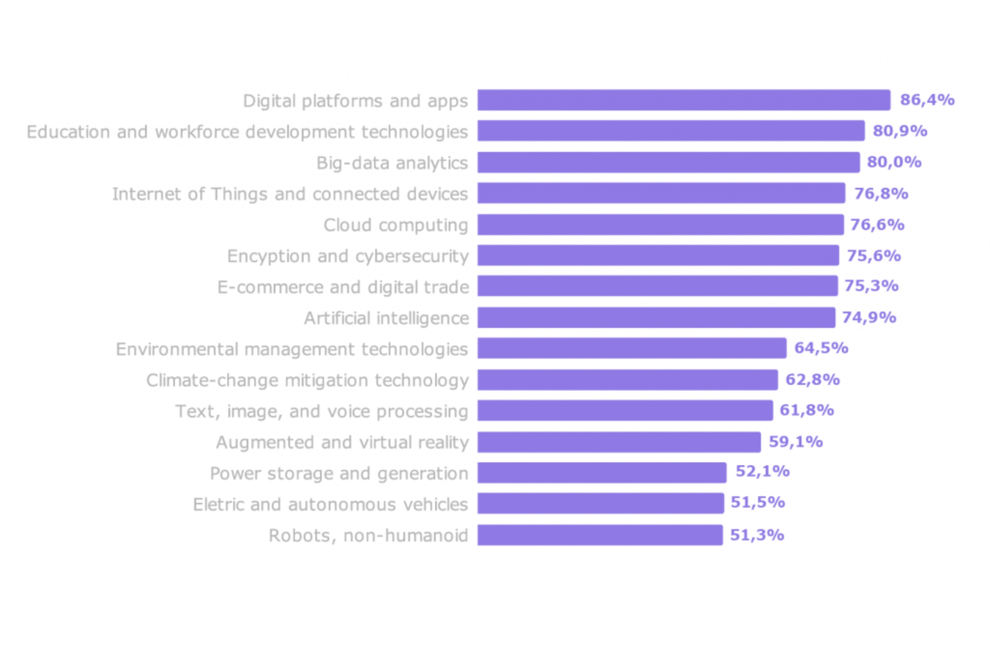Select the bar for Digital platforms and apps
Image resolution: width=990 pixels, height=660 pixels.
(684, 100)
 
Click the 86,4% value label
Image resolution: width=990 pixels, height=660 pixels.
(927, 100)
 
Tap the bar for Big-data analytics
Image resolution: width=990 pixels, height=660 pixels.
(668, 163)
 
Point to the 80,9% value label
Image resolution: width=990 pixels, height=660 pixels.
(900, 131)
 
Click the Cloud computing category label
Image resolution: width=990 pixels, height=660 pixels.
(396, 225)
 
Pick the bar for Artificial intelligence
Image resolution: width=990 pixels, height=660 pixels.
(656, 317)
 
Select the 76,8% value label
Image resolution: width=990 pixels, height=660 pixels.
(881, 193)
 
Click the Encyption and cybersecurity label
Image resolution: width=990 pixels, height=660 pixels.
(348, 256)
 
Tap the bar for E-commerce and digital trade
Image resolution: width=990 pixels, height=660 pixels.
(658, 286)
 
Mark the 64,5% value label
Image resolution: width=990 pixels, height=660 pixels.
(821, 348)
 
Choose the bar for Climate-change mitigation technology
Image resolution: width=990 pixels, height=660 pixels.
(627, 379)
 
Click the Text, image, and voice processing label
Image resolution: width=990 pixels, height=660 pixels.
(322, 411)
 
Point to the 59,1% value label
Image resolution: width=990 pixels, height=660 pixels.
(796, 442)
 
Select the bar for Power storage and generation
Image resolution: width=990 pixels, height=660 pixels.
(602, 473)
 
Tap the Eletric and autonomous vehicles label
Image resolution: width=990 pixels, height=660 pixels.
(330, 504)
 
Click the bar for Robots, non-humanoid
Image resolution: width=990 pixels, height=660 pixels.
(600, 535)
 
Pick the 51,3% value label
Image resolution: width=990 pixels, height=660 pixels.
(757, 535)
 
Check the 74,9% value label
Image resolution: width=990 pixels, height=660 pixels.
(869, 317)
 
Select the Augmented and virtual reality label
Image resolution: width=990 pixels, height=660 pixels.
(342, 442)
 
